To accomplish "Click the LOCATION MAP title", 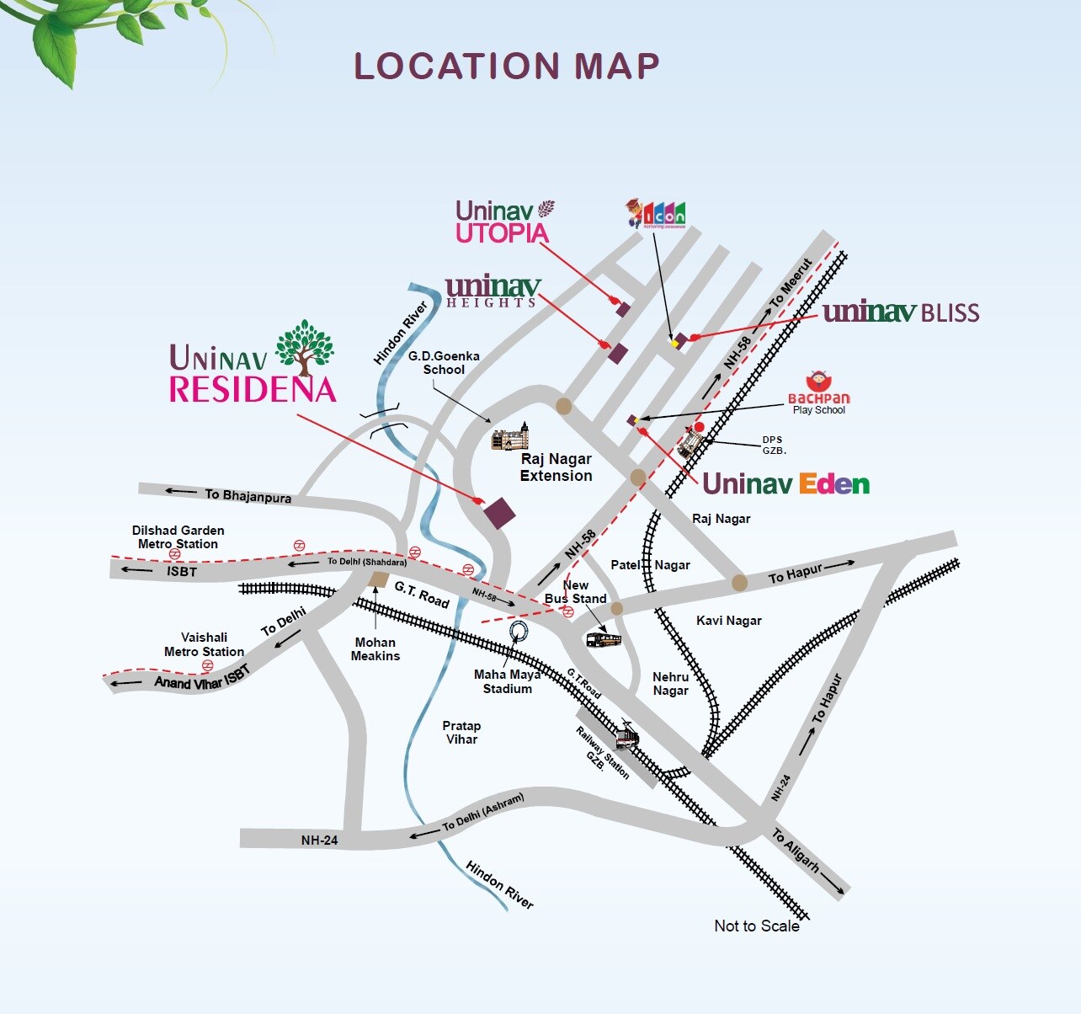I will [x=506, y=67].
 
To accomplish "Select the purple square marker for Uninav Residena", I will [x=500, y=513].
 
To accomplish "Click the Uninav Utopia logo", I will [x=503, y=222].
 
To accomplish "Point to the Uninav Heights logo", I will [x=493, y=291].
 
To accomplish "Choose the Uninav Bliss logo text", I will [x=901, y=312].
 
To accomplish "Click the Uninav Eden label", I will [x=785, y=484].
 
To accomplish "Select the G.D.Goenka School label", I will [x=444, y=363].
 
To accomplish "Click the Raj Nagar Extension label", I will [x=556, y=467].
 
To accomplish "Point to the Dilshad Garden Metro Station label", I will [x=178, y=536].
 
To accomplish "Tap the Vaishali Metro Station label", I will [x=204, y=644].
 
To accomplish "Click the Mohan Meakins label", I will [x=375, y=648].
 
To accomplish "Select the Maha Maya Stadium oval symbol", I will [x=519, y=632].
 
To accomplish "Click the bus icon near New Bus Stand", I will [x=603, y=640].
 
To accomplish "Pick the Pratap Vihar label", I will [x=461, y=732].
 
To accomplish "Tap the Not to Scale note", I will [x=756, y=926].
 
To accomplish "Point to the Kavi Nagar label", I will [x=728, y=621].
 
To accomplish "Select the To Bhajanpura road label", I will [x=248, y=496].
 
